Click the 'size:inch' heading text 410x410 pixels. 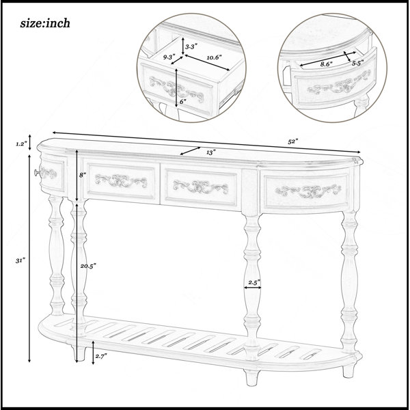(x=45, y=23)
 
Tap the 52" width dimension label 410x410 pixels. (x=293, y=141)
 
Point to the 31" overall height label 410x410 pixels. (x=20, y=260)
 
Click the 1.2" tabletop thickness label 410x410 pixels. (x=21, y=143)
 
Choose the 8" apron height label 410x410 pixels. (x=83, y=175)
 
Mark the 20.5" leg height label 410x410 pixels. (x=88, y=266)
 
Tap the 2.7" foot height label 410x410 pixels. (x=101, y=356)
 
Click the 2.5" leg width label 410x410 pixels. (x=254, y=282)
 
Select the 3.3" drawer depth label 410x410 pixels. (x=191, y=46)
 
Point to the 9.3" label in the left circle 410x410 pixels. (x=169, y=57)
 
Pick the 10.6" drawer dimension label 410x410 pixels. (x=214, y=58)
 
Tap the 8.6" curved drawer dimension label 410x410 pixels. (x=327, y=64)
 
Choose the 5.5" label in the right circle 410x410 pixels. (x=357, y=63)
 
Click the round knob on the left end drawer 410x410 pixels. (x=37, y=172)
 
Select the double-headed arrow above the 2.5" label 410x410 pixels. (x=252, y=288)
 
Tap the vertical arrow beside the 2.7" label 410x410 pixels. (x=93, y=353)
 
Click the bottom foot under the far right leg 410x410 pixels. (x=348, y=371)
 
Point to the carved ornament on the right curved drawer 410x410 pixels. (x=308, y=192)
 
